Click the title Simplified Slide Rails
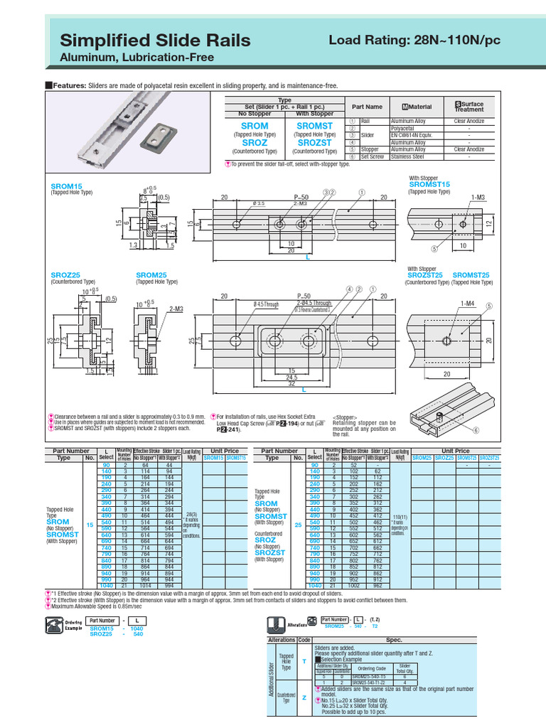[x=155, y=41]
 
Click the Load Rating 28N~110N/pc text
[x=414, y=41]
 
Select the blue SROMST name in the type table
[x=314, y=126]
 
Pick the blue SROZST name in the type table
[x=314, y=143]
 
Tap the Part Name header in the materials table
[x=367, y=107]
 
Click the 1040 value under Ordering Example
[x=138, y=628]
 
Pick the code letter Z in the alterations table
[x=304, y=698]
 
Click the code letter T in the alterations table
[x=304, y=661]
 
